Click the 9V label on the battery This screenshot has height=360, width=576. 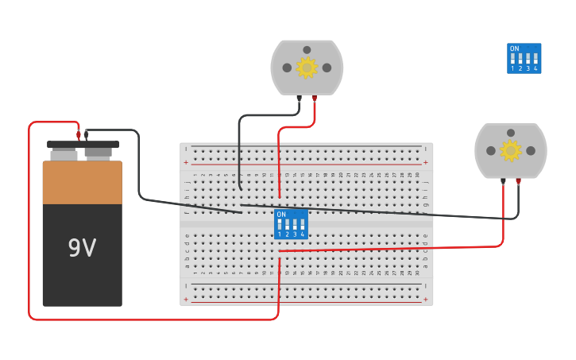[x=82, y=248]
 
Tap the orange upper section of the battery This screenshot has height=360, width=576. [x=82, y=182]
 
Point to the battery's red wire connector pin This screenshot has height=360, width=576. [x=79, y=135]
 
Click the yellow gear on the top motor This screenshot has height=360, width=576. [x=307, y=68]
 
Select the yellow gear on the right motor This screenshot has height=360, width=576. [x=510, y=150]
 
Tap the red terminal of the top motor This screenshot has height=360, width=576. [x=315, y=99]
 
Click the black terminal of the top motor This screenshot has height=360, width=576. [x=300, y=99]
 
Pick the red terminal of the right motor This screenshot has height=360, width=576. [x=518, y=181]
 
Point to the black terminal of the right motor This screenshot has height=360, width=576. [x=504, y=181]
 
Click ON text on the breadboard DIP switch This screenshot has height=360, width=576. [x=281, y=215]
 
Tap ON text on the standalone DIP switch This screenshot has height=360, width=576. [x=514, y=48]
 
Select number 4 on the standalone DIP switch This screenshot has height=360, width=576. [x=535, y=69]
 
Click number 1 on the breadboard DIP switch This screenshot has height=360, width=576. [x=280, y=234]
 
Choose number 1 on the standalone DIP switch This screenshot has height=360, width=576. [x=512, y=69]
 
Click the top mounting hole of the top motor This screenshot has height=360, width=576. [x=307, y=49]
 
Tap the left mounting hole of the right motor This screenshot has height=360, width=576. [x=491, y=150]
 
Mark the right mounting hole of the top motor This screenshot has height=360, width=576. [x=327, y=68]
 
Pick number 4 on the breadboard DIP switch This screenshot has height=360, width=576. [x=302, y=234]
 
